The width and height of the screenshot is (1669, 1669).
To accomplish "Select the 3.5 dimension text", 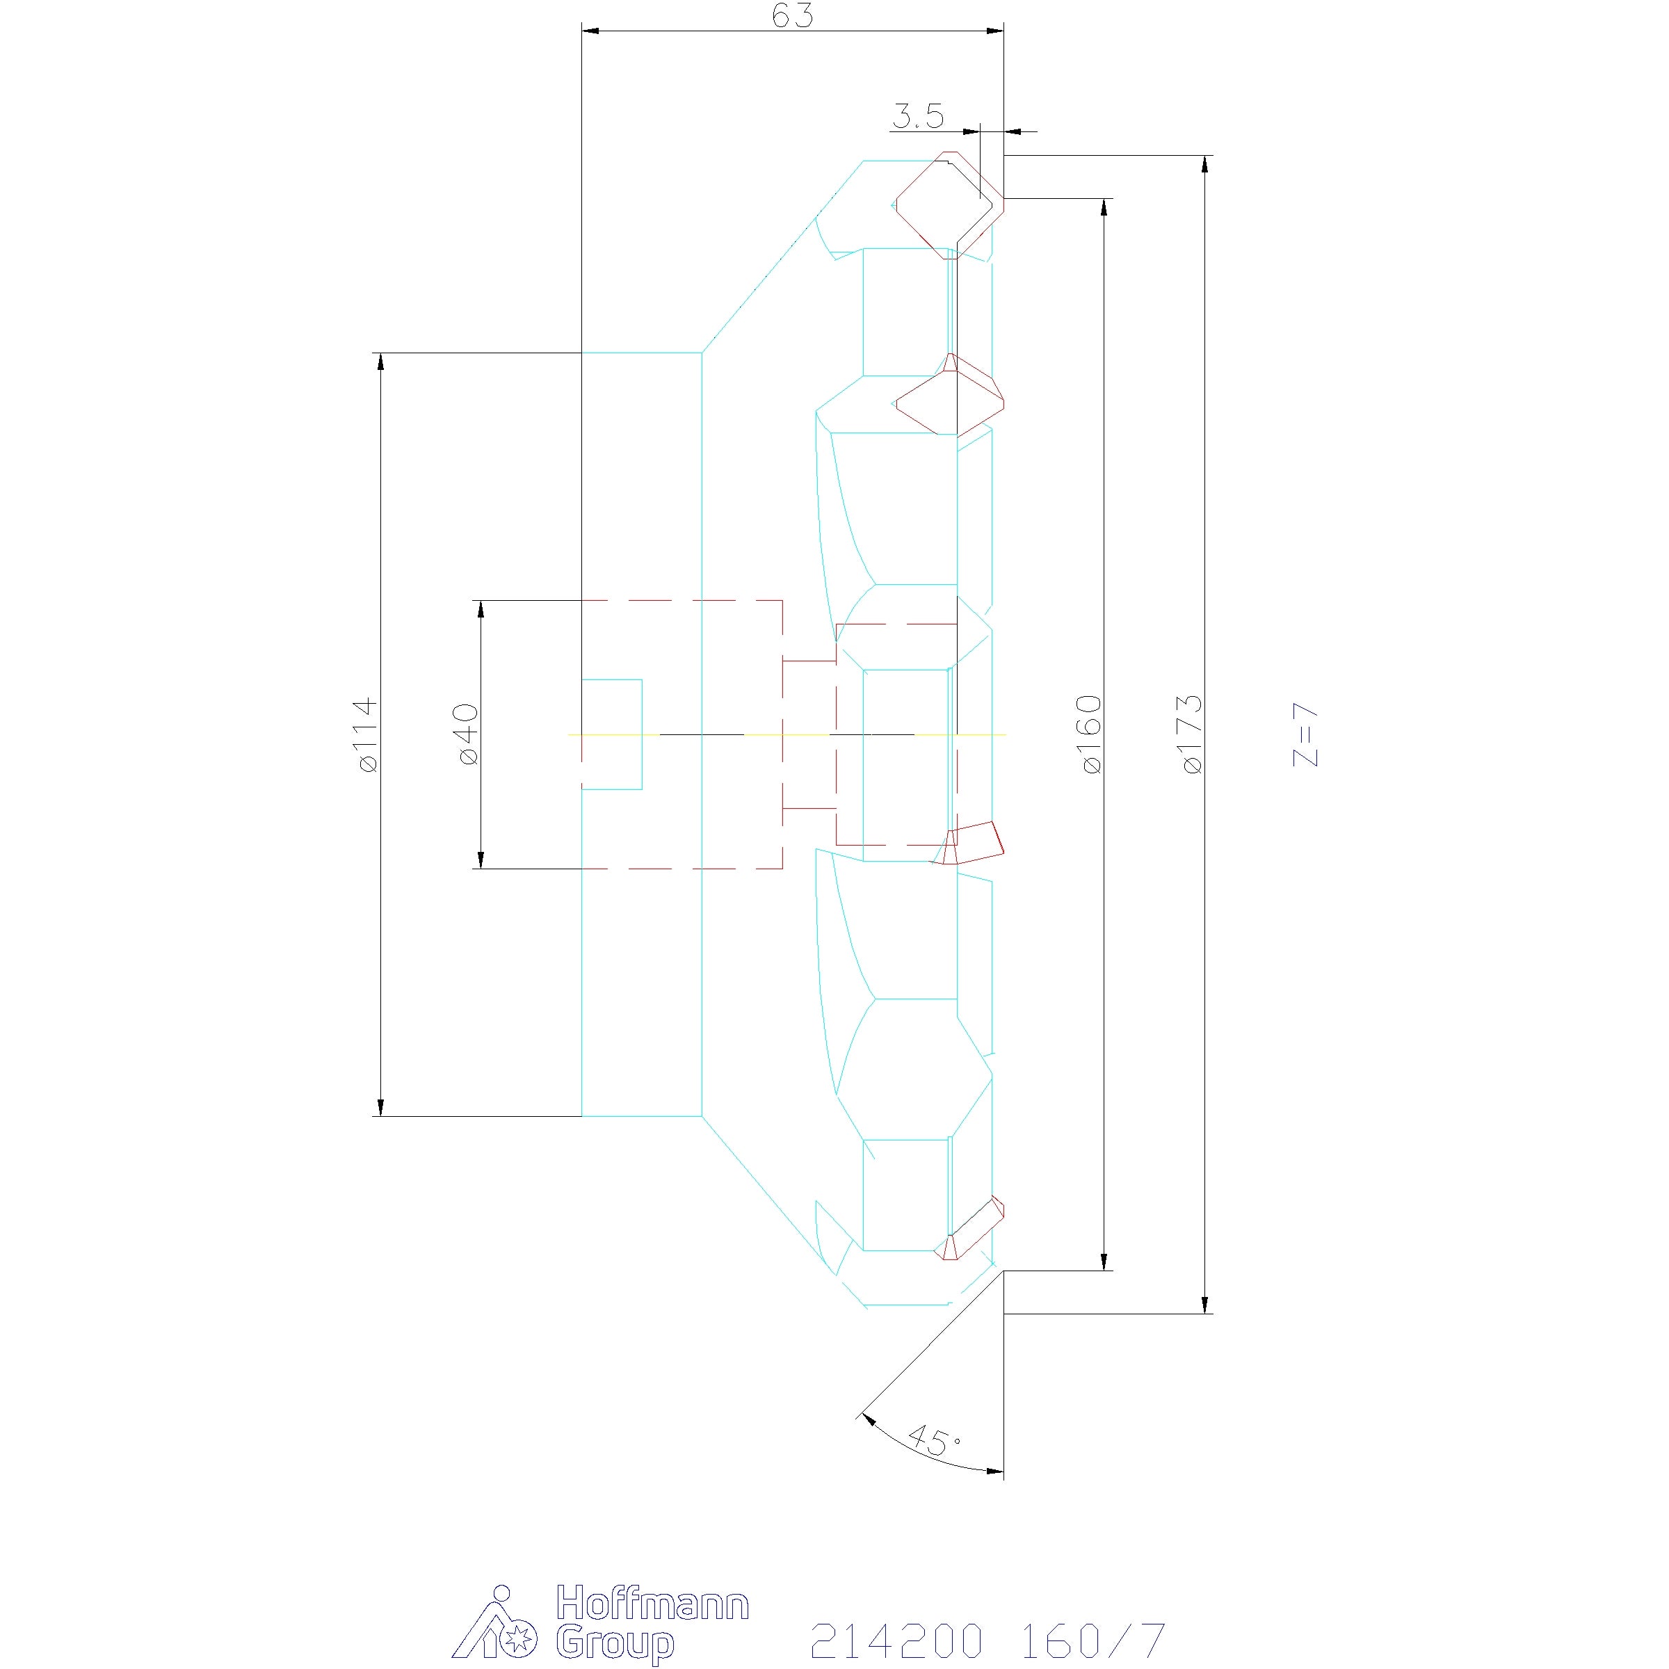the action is pos(917,115).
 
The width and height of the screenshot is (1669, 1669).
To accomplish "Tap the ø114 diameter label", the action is pos(366,734).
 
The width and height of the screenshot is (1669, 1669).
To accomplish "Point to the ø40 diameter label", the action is pos(467,734).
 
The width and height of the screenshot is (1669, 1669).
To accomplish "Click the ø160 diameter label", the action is pos(1091,734).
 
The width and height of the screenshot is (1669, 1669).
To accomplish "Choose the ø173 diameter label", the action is pos(1192,734).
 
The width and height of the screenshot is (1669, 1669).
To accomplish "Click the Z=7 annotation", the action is pos(1305,735).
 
